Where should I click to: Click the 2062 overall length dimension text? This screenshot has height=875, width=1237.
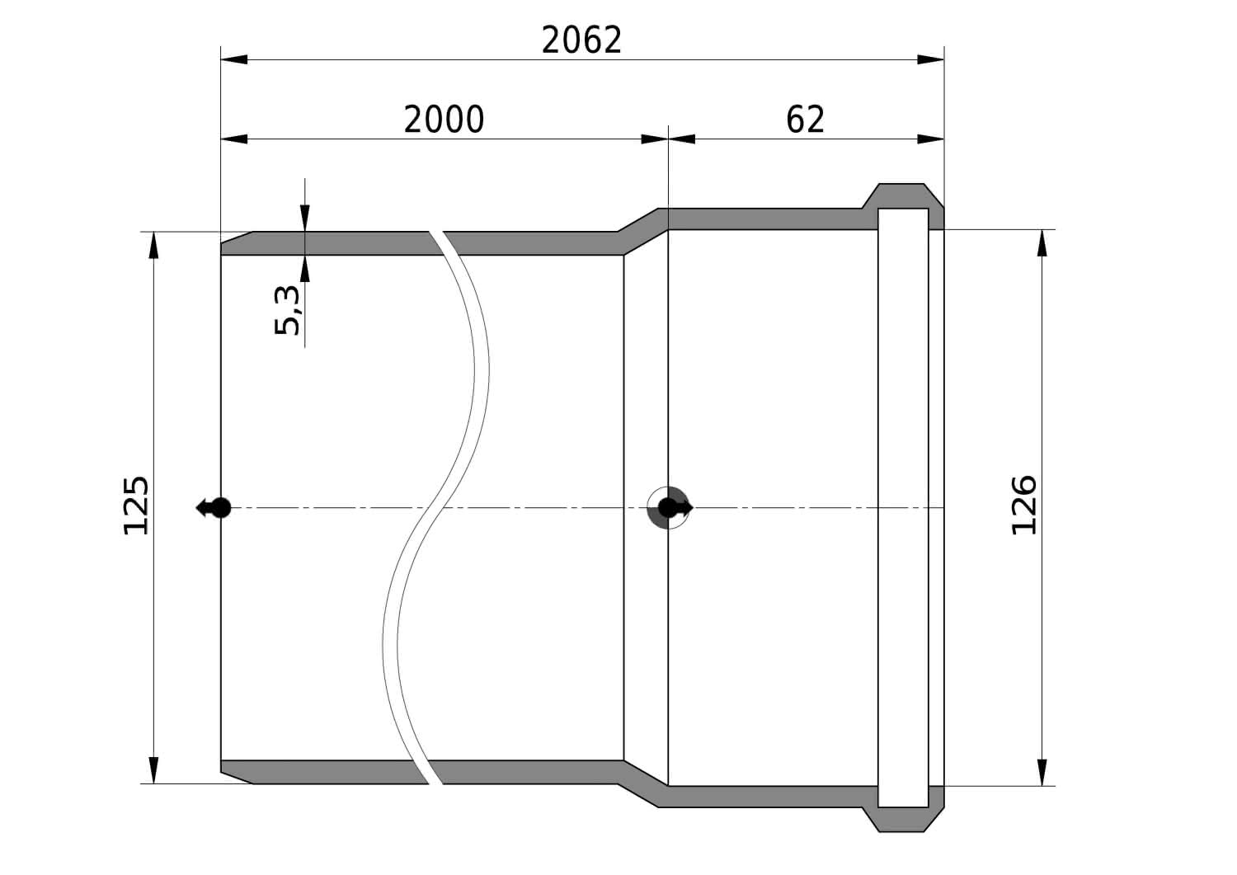tap(581, 40)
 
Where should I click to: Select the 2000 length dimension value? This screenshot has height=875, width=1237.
tap(444, 120)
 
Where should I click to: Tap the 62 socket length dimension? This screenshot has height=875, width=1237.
tap(805, 120)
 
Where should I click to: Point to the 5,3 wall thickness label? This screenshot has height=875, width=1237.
tap(287, 310)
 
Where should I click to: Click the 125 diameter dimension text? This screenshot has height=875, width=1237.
tap(135, 506)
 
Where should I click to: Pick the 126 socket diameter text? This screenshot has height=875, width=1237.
tap(1024, 505)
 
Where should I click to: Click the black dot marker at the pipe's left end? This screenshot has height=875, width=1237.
tap(221, 508)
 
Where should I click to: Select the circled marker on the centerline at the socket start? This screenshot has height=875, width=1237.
tap(668, 508)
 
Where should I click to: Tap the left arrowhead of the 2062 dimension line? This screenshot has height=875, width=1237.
tap(234, 59)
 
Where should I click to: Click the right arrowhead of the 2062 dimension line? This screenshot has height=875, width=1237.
tap(930, 59)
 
